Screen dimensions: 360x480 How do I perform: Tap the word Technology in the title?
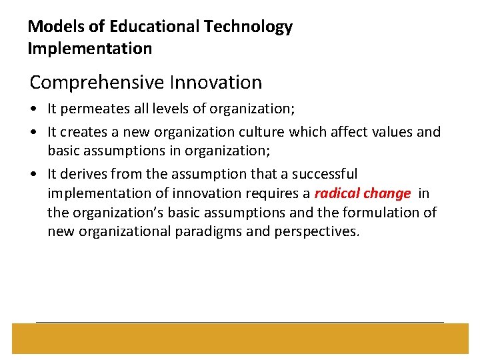tap(249, 27)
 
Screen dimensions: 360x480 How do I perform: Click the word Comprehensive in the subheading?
tap(98, 83)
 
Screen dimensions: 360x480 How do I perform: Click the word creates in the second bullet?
tap(83, 132)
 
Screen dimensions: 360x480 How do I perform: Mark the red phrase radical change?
tap(363, 194)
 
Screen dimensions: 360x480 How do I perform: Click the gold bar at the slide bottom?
tap(240, 338)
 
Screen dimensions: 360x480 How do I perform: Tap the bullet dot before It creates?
tap(34, 133)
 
